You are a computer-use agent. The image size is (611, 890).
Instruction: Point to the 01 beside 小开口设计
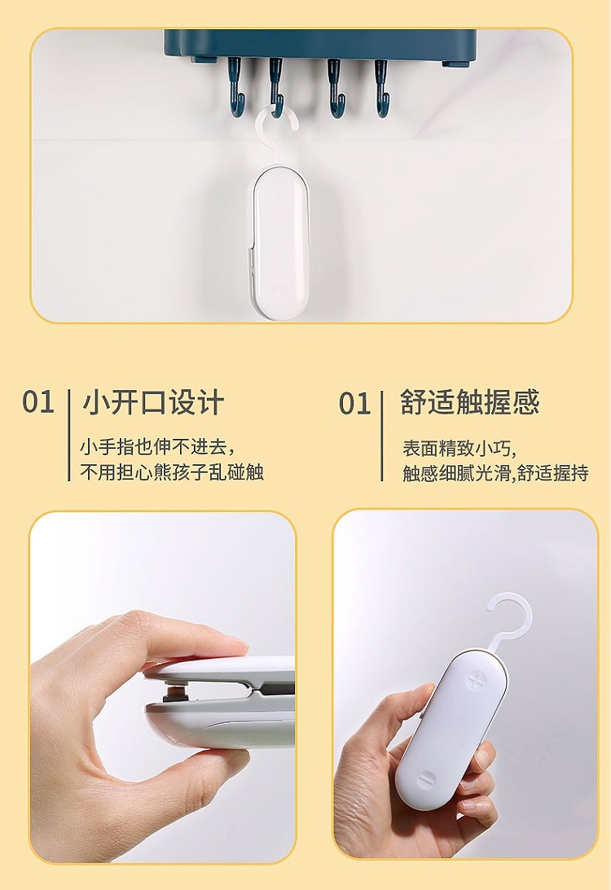click(38, 402)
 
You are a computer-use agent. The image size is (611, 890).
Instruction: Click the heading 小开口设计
click(153, 402)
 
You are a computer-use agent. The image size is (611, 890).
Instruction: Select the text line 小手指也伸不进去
click(157, 447)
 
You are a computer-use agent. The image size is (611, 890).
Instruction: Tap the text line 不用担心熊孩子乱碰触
click(172, 471)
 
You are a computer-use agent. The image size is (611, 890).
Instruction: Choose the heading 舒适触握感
click(469, 402)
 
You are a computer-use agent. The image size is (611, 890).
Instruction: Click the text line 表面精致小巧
click(459, 448)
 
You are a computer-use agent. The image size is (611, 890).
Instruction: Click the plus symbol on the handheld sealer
click(476, 679)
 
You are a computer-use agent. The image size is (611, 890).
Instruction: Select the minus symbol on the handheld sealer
click(426, 779)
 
